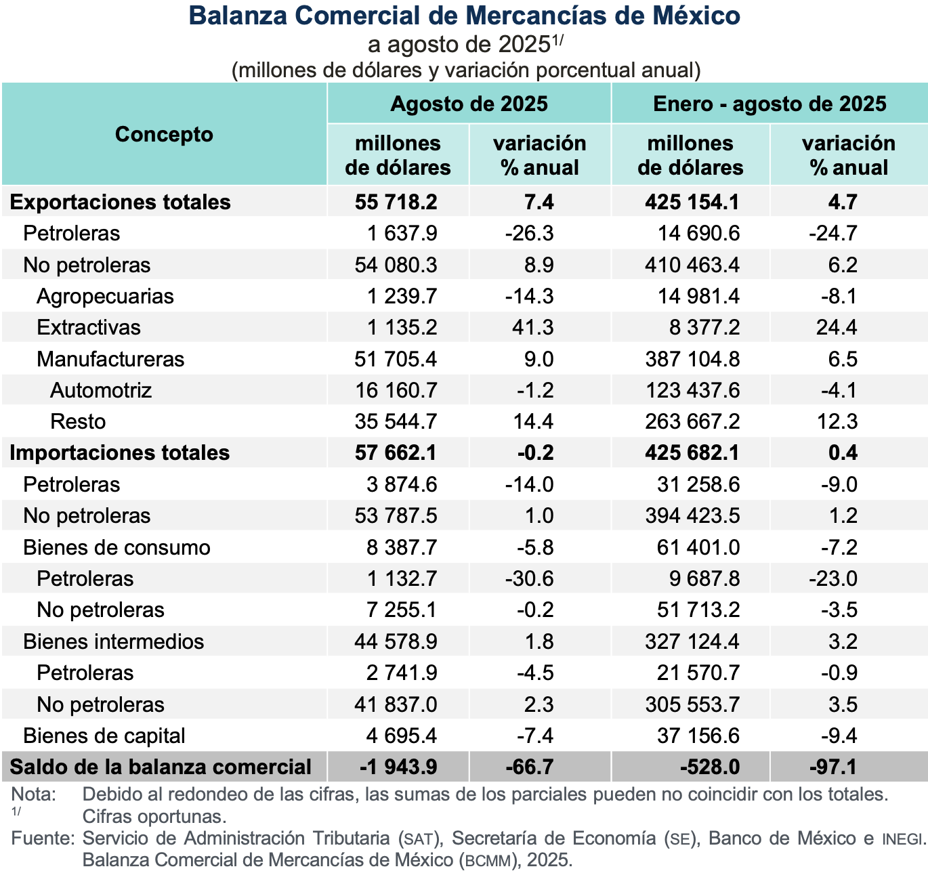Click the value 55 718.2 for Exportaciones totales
click(x=396, y=202)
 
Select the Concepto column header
click(x=164, y=134)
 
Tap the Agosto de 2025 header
click(x=469, y=104)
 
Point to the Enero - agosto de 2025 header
click(x=769, y=104)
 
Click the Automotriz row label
click(x=101, y=390)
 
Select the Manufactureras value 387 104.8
click(x=692, y=359)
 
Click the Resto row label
click(x=78, y=421)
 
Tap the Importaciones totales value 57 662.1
click(x=396, y=452)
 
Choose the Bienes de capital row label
click(x=104, y=736)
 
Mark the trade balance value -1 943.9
click(x=398, y=767)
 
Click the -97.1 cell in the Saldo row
click(x=833, y=767)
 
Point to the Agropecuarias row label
click(x=105, y=296)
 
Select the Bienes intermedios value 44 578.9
click(x=396, y=641)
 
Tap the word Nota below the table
click(x=34, y=794)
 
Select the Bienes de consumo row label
click(x=117, y=547)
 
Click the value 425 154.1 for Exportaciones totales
click(x=692, y=202)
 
